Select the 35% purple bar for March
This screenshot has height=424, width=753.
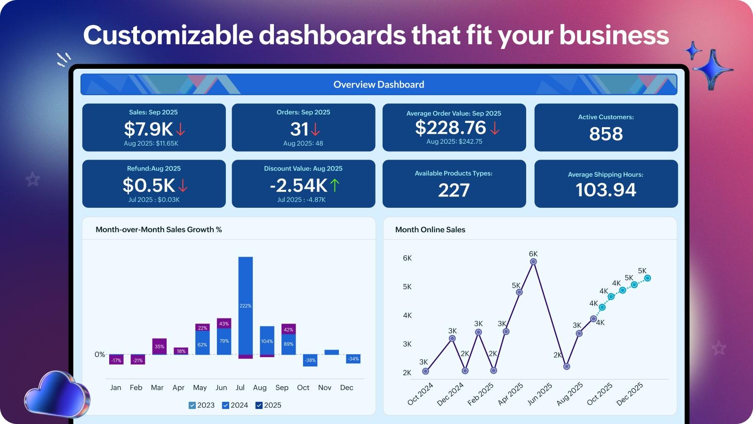(x=160, y=346)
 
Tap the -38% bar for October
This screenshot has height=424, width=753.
(x=310, y=360)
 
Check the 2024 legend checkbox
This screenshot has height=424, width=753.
(x=225, y=405)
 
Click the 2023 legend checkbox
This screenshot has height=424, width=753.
(x=192, y=405)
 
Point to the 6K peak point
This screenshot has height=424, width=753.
(x=533, y=261)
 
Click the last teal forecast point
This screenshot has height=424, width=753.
(x=648, y=278)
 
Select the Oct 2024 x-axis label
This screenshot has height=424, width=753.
(x=420, y=394)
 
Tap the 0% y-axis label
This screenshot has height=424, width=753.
(x=100, y=354)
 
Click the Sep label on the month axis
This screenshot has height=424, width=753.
(x=282, y=387)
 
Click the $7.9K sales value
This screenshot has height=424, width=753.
(x=148, y=129)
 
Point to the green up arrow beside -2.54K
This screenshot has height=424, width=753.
(x=335, y=185)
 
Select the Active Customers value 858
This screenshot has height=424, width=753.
(x=606, y=134)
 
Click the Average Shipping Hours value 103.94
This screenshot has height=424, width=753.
(x=606, y=190)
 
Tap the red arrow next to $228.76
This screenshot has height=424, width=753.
(x=495, y=128)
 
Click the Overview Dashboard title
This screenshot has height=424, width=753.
(x=379, y=84)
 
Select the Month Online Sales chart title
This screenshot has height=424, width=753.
(x=430, y=229)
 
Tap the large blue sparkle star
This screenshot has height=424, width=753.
(x=713, y=69)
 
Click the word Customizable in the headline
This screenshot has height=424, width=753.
(x=168, y=35)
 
